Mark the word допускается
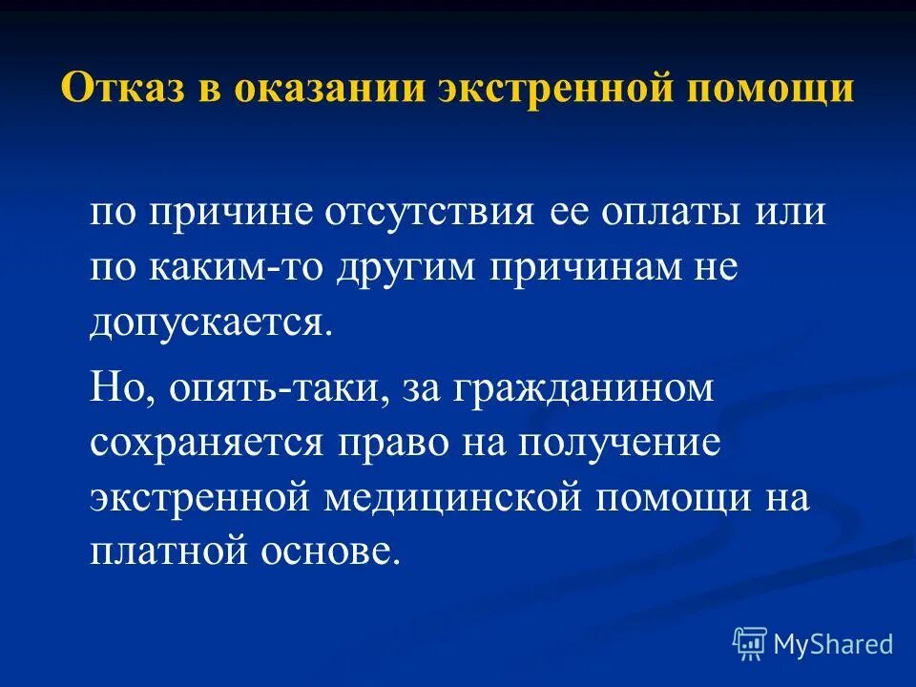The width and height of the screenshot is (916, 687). click(212, 323)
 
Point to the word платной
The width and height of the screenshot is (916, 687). click(173, 553)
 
